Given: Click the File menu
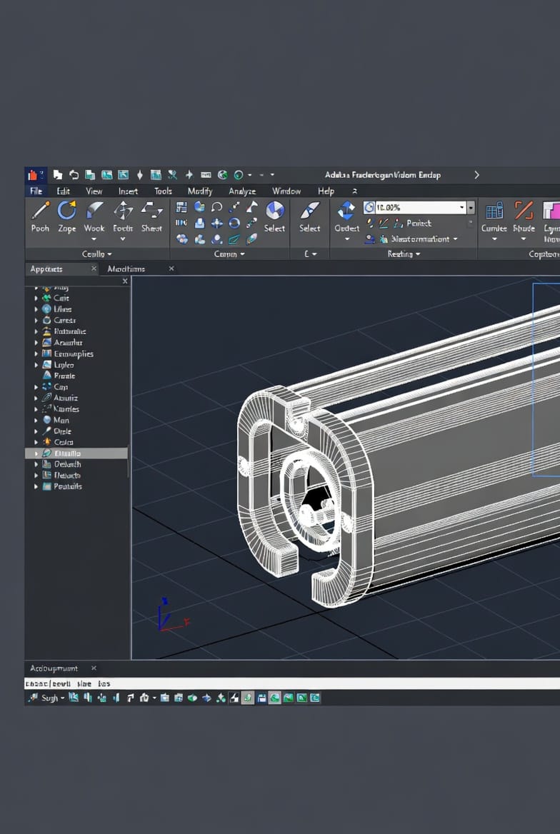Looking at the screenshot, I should [36, 191].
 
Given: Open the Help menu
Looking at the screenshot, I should [326, 191].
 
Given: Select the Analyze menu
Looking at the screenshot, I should [242, 191].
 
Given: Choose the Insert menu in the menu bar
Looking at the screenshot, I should [129, 191].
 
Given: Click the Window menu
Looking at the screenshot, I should [286, 191].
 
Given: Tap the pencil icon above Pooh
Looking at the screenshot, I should [40, 211].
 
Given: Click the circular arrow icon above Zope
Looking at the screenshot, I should [66, 210].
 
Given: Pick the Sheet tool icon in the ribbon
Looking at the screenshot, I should [151, 210].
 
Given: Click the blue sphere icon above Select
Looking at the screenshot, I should [274, 210].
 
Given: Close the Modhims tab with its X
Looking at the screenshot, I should [171, 268].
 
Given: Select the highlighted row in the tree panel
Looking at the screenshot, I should [76, 453].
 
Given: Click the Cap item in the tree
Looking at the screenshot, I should [61, 387].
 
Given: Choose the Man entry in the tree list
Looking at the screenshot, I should [61, 421].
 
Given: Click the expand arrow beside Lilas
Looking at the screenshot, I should [36, 309].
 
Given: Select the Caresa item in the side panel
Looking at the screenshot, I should [64, 321].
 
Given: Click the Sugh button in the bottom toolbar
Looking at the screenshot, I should [49, 698].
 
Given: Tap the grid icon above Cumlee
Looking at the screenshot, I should [494, 211].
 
